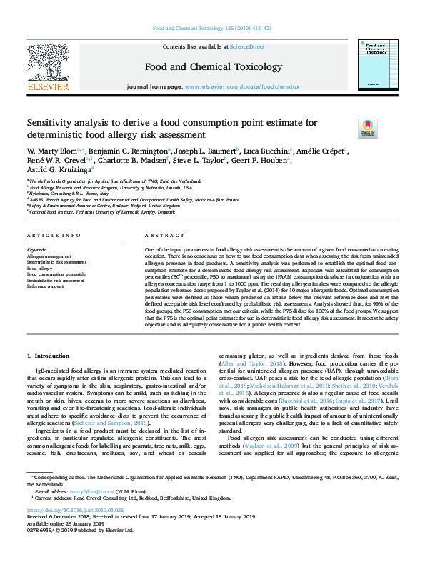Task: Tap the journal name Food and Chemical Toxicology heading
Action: [213, 67]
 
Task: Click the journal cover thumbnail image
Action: [377, 67]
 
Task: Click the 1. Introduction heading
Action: [49, 355]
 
